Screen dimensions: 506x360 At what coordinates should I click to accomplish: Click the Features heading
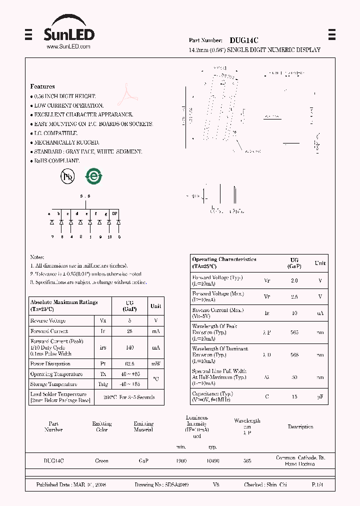[x=42, y=86]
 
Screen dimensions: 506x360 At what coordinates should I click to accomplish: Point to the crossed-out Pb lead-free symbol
[x=67, y=176]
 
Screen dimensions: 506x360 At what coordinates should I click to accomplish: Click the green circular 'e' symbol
[x=93, y=176]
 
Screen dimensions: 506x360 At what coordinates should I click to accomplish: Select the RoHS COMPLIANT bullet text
[x=56, y=160]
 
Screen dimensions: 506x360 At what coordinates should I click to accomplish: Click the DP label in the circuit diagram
[x=114, y=213]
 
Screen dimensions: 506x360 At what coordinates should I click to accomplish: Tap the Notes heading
[x=37, y=257]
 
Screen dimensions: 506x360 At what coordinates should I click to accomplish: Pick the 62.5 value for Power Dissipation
[x=129, y=364]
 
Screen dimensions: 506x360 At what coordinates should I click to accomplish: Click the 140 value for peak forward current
[x=129, y=347]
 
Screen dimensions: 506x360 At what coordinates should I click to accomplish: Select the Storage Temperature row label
[x=53, y=384]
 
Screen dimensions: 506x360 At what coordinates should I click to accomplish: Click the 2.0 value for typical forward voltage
[x=294, y=280]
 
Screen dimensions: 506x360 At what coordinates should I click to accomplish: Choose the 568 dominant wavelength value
[x=294, y=355]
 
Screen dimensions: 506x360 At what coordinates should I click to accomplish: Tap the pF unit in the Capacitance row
[x=320, y=396]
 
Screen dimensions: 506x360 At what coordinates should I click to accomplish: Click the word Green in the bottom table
[x=101, y=461]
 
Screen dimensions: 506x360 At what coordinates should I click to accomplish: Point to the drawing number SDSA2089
[x=175, y=485]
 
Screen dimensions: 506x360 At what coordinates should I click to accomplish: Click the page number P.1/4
[x=317, y=485]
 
